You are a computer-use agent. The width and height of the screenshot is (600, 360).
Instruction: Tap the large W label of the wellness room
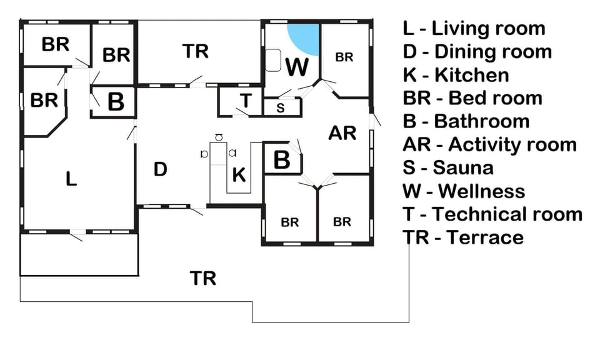297,67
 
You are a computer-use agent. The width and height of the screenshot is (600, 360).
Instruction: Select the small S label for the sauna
281,108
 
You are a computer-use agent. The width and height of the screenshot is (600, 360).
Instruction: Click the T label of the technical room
246,101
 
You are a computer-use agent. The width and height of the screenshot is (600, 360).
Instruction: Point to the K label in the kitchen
239,175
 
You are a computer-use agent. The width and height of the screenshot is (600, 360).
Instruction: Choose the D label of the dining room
161,169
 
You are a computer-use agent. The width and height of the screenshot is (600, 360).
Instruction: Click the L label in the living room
71,179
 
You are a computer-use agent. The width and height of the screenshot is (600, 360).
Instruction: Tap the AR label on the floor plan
342,133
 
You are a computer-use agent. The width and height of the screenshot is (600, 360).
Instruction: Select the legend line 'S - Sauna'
448,168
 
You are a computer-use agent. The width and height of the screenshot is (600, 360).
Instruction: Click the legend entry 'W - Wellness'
464,191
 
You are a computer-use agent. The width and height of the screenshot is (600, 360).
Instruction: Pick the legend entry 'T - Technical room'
492,214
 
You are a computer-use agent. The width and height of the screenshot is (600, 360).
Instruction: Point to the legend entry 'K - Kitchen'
456,75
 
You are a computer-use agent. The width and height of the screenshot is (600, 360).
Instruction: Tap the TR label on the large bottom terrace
202,279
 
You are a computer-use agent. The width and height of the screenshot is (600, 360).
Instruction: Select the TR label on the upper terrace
195,51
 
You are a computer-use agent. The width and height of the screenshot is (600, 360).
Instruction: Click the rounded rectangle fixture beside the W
273,60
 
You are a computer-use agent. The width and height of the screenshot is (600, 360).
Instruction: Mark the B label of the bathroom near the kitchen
282,159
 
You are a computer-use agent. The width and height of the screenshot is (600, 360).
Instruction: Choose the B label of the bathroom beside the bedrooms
116,101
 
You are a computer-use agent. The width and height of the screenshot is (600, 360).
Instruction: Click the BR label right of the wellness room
344,57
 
